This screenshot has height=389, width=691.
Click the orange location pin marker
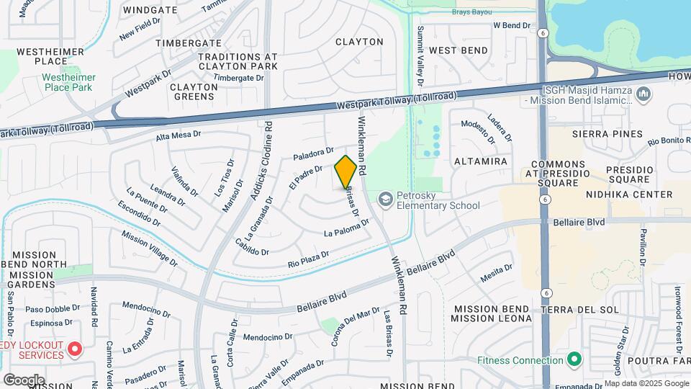click(346, 173)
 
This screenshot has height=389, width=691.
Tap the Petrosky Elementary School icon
click(387, 198)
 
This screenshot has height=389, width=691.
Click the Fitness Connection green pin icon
click(574, 358)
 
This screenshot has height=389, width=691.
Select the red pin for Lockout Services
click(74, 351)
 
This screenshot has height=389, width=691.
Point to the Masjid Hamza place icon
click(643, 94)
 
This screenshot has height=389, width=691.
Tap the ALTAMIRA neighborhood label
click(481, 161)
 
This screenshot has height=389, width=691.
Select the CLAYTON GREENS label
click(193, 91)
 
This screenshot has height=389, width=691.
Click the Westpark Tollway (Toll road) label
click(397, 101)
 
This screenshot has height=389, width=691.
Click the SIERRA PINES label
click(607, 134)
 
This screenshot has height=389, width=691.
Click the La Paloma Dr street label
click(346, 228)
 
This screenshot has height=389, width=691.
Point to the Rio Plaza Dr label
click(308, 258)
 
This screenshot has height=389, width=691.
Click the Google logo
click(24, 380)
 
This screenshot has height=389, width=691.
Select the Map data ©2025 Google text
click(646, 384)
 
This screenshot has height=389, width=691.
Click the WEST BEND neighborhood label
click(459, 50)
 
